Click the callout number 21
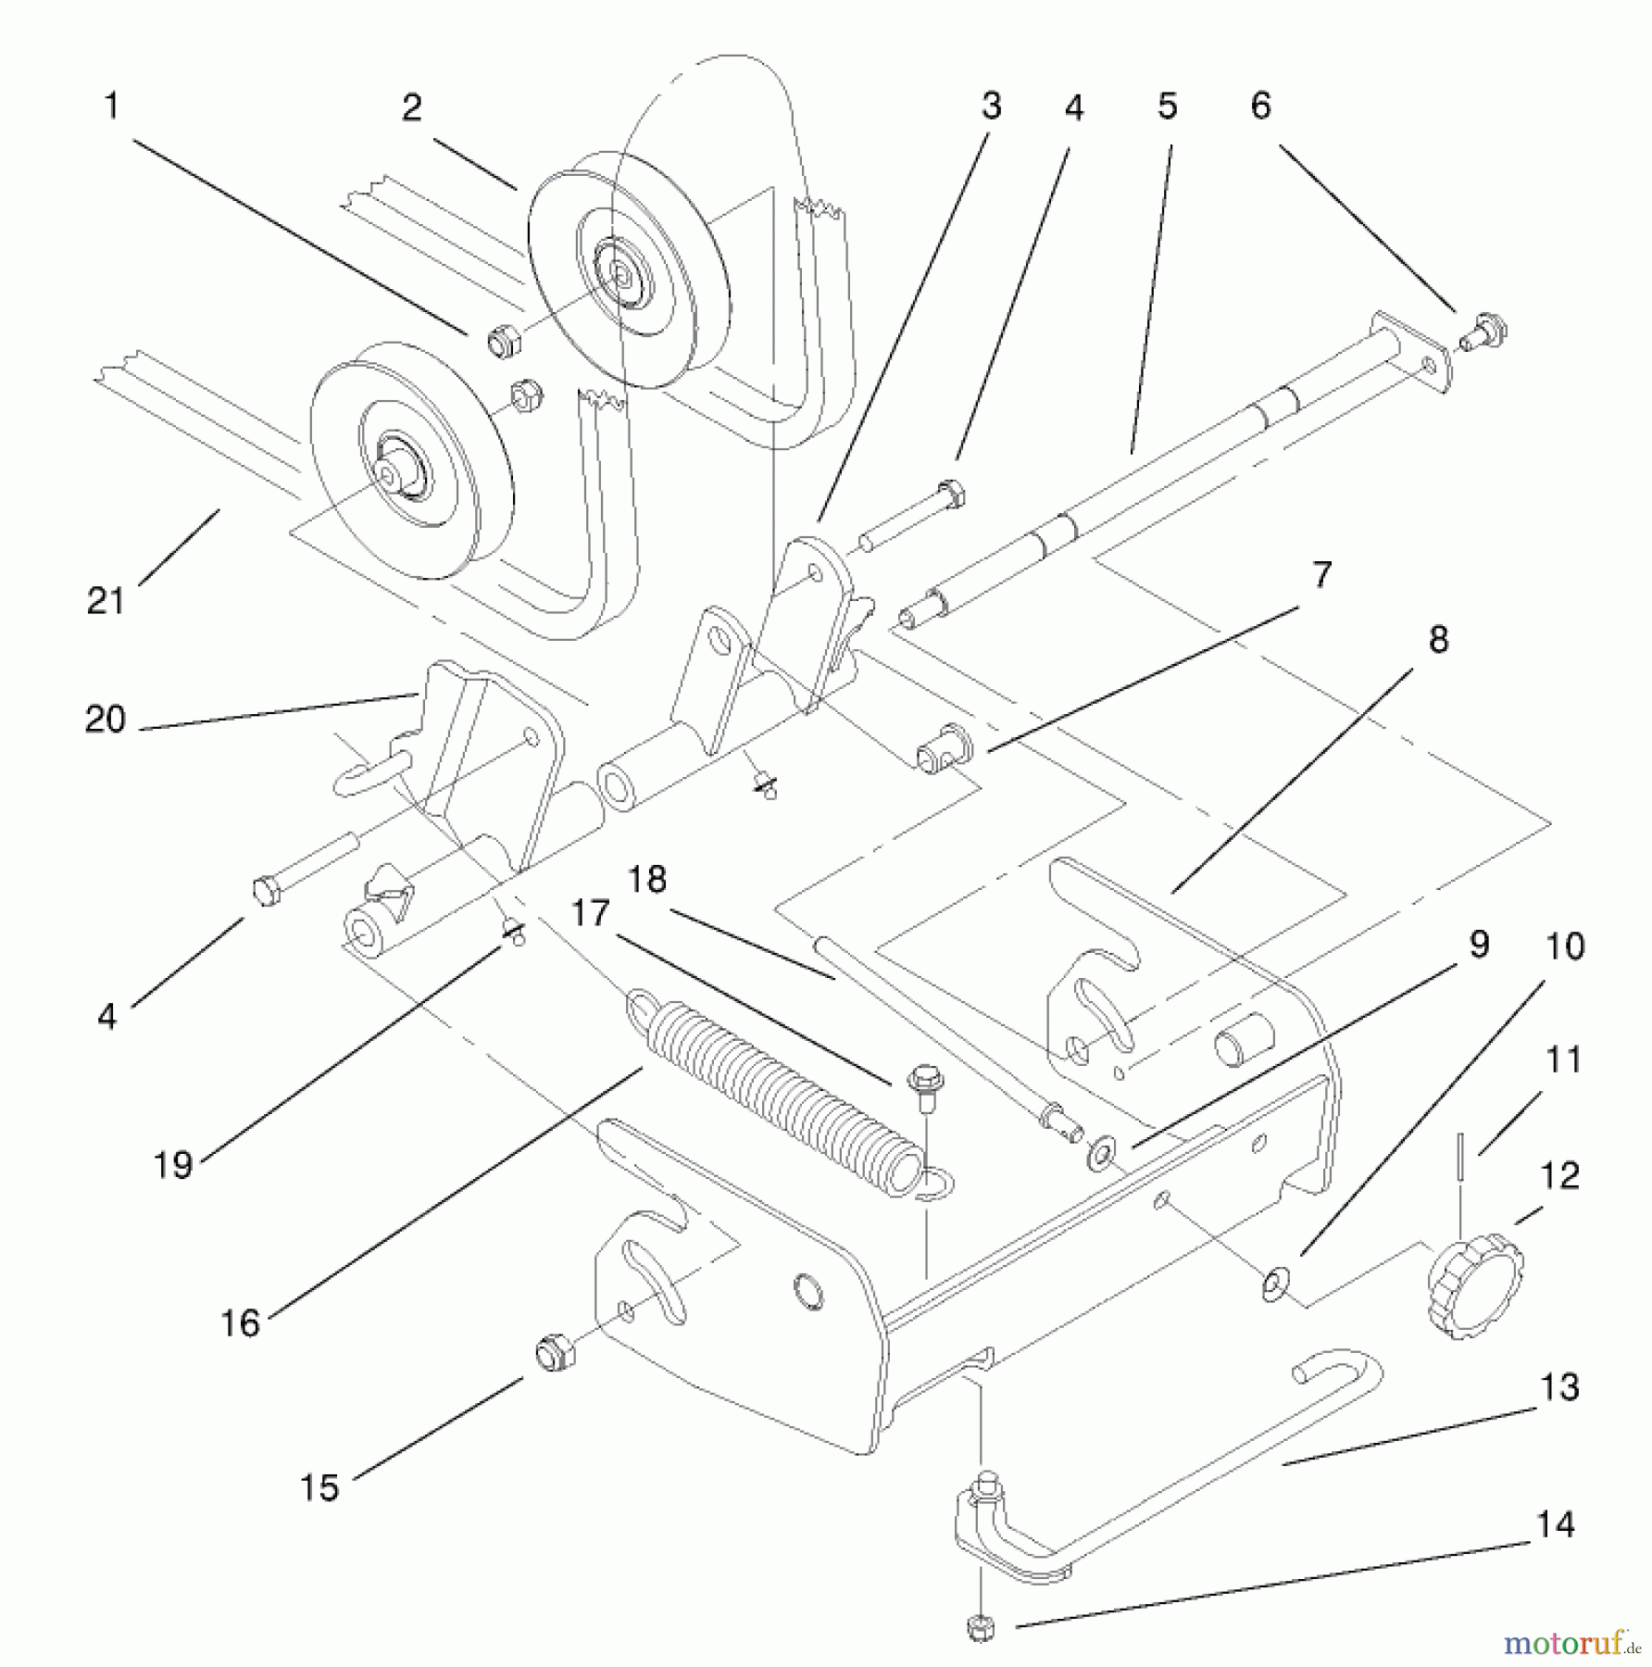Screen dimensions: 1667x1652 click(105, 602)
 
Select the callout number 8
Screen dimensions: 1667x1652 click(1437, 640)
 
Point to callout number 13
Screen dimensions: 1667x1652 click(1558, 1386)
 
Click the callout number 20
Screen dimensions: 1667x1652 click(104, 720)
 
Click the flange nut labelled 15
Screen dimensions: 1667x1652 click(555, 1353)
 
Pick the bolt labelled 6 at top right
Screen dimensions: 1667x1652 click(1484, 331)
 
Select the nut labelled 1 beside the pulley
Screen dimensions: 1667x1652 click(503, 344)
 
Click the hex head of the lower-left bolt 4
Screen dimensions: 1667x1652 click(267, 891)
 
